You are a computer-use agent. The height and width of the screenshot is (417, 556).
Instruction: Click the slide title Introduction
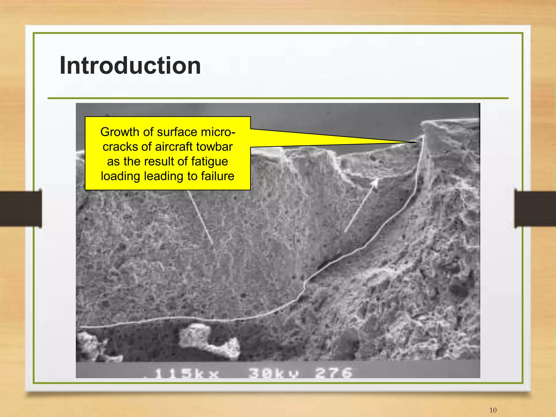point(130,66)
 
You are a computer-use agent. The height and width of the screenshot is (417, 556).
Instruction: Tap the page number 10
point(493,410)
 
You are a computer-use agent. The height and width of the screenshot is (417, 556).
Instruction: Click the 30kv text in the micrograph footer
point(274,373)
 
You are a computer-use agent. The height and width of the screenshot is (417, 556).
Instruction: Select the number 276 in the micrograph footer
point(334,373)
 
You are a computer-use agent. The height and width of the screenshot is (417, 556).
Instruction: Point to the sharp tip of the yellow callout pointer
point(416,142)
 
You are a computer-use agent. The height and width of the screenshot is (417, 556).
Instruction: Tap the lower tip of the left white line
point(212,243)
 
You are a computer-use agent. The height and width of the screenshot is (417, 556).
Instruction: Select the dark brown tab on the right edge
point(535,209)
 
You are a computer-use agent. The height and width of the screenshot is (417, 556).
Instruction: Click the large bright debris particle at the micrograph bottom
point(209,341)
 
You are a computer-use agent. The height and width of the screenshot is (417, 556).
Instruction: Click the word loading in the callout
point(121,176)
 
